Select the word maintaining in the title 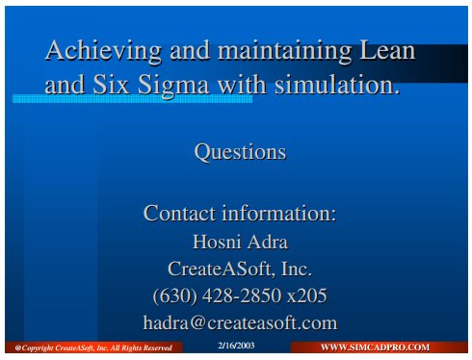285,51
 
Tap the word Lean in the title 387,50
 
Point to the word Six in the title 111,85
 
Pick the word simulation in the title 337,85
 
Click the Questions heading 240,152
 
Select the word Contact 179,213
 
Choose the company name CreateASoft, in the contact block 222,269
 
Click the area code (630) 175,296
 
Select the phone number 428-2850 242,296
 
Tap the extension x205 307,296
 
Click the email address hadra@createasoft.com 240,322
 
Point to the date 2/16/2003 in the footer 236,346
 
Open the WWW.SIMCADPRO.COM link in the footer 375,347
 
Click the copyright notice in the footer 93,347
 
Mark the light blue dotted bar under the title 132,98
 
